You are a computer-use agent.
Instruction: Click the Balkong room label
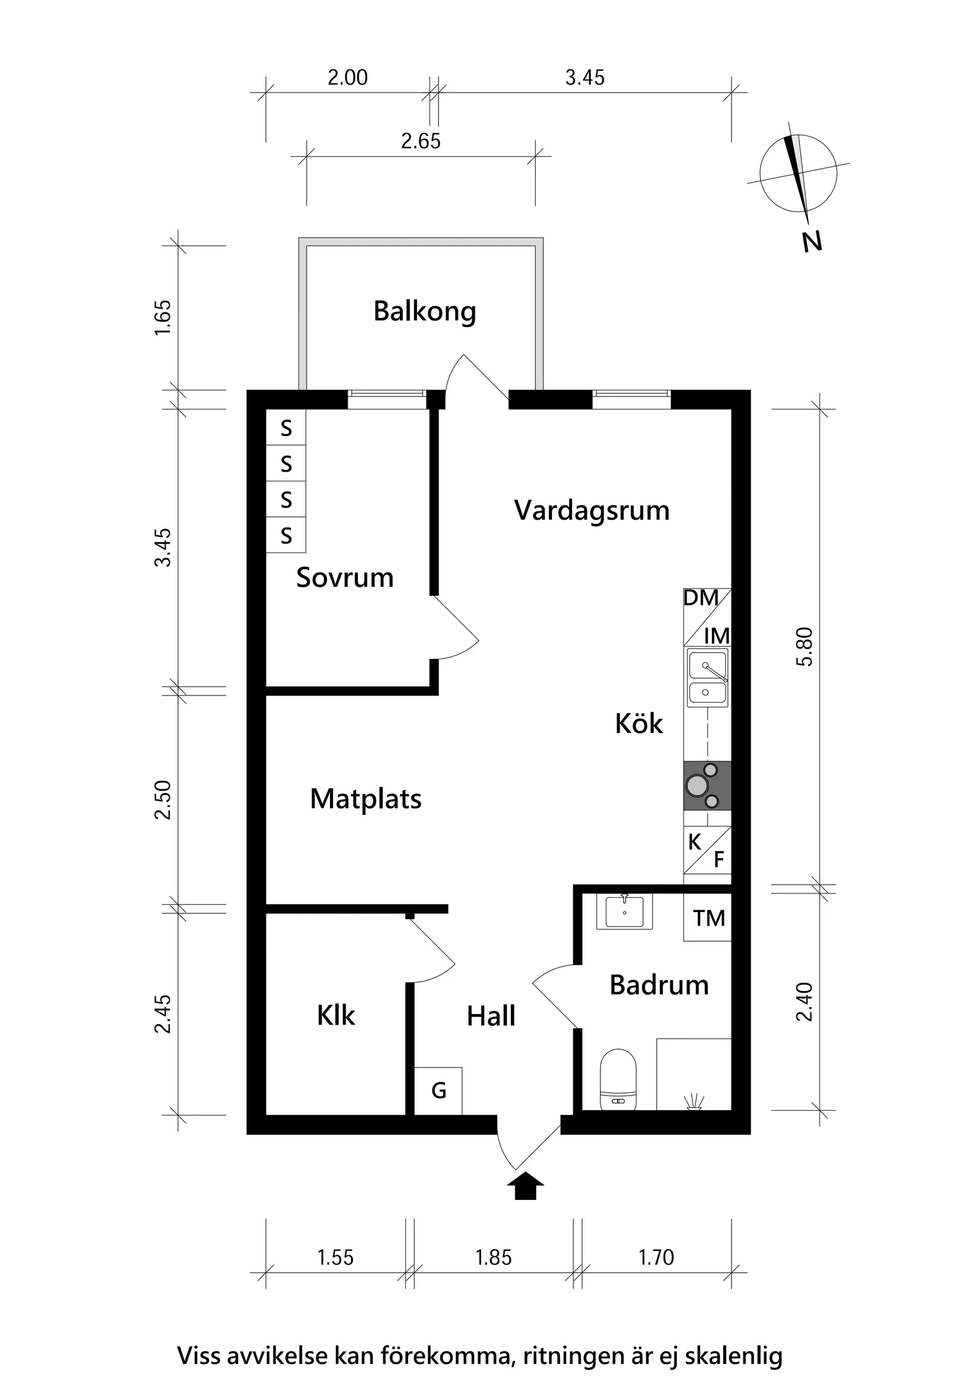pos(425,312)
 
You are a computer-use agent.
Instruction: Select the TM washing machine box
pos(708,918)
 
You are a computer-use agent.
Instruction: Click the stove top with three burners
pos(707,786)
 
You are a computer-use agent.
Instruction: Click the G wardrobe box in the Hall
pos(438,1091)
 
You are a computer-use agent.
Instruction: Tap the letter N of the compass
pos(812,242)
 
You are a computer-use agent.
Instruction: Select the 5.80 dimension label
pos(805,647)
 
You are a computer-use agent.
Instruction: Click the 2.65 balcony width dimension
pos(421,141)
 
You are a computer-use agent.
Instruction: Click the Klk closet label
pos(336,1015)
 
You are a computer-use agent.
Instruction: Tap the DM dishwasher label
pos(700,598)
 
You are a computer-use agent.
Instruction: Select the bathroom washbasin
pos(624,911)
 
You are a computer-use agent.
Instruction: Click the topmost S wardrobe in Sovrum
pos(286,428)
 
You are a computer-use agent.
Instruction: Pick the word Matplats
pos(365,799)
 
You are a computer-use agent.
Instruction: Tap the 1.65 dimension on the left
pos(163,318)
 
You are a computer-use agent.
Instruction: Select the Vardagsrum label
pos(592,511)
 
